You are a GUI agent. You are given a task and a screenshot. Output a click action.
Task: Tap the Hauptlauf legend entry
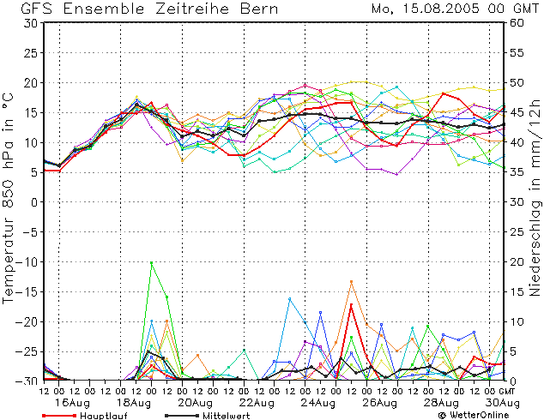point(104,414)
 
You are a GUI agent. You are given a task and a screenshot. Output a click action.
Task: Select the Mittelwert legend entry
point(228,414)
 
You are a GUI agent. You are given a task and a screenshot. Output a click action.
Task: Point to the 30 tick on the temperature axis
point(29,23)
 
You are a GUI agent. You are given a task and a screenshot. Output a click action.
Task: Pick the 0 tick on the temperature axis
point(33,202)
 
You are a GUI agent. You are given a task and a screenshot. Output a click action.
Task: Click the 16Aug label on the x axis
point(73,402)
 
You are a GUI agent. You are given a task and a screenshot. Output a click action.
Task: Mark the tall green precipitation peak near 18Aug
point(152,263)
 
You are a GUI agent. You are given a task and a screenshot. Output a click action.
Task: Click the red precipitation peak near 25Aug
point(351,304)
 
